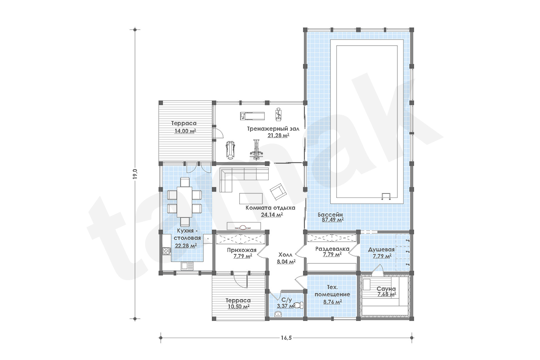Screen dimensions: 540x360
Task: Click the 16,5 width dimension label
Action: (286, 338)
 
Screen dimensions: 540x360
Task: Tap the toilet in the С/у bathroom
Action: (299, 305)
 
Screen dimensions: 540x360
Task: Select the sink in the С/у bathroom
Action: (278, 314)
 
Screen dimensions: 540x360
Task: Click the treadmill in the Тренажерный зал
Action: (252, 116)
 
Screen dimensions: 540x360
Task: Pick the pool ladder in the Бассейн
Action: (386, 196)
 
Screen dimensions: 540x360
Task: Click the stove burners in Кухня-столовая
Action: (167, 251)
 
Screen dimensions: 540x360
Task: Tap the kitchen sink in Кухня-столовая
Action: (187, 266)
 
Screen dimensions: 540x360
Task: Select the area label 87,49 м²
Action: (333, 219)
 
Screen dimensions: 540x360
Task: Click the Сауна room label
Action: (386, 289)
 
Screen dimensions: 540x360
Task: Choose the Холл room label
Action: (286, 254)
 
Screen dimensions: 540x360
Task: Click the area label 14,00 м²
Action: (185, 131)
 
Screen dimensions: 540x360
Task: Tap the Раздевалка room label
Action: (332, 249)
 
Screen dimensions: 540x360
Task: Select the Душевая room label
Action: (381, 249)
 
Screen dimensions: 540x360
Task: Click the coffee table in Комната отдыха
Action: (251, 198)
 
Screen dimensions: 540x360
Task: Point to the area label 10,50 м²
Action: (238, 306)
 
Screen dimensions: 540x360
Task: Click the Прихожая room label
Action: (242, 250)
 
